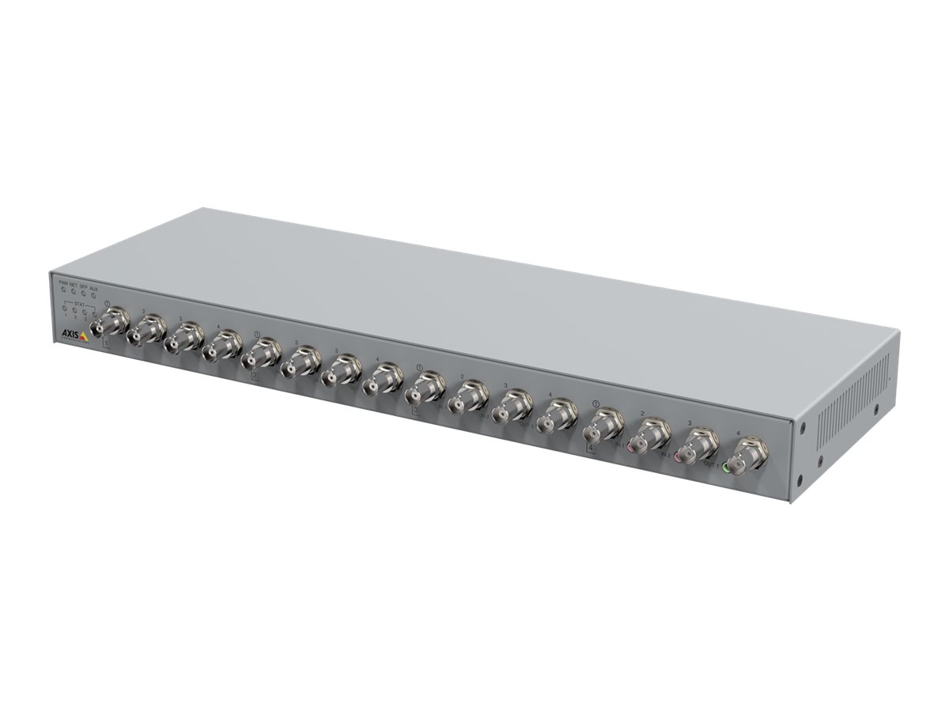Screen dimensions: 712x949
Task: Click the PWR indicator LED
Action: pos(64,290)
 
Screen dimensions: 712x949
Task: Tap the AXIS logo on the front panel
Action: pos(75,335)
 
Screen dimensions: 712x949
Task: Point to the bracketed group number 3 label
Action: pos(415,411)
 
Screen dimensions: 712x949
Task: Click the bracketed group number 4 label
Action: pos(591,448)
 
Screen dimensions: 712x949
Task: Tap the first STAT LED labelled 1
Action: pos(65,309)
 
